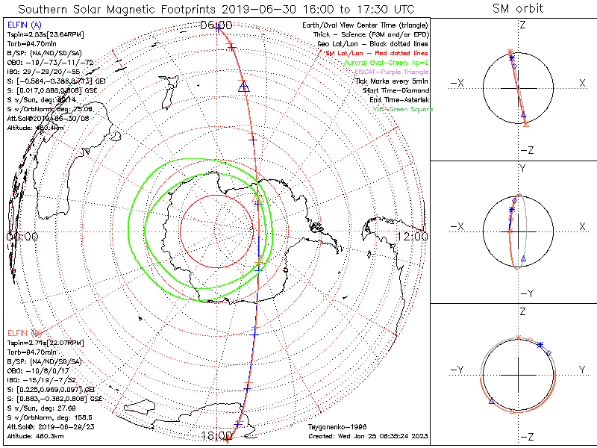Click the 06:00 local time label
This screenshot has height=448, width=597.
point(216,25)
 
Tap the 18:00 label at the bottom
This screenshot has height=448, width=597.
point(216,435)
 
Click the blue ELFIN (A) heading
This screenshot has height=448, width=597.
point(22,25)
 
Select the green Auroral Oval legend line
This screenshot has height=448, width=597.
point(390,63)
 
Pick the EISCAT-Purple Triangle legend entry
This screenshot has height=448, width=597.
point(393,71)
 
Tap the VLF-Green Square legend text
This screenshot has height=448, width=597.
point(403,109)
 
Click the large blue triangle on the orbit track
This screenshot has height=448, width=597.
point(243,87)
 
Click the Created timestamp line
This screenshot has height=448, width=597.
point(369,435)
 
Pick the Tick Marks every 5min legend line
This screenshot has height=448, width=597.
point(392,81)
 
